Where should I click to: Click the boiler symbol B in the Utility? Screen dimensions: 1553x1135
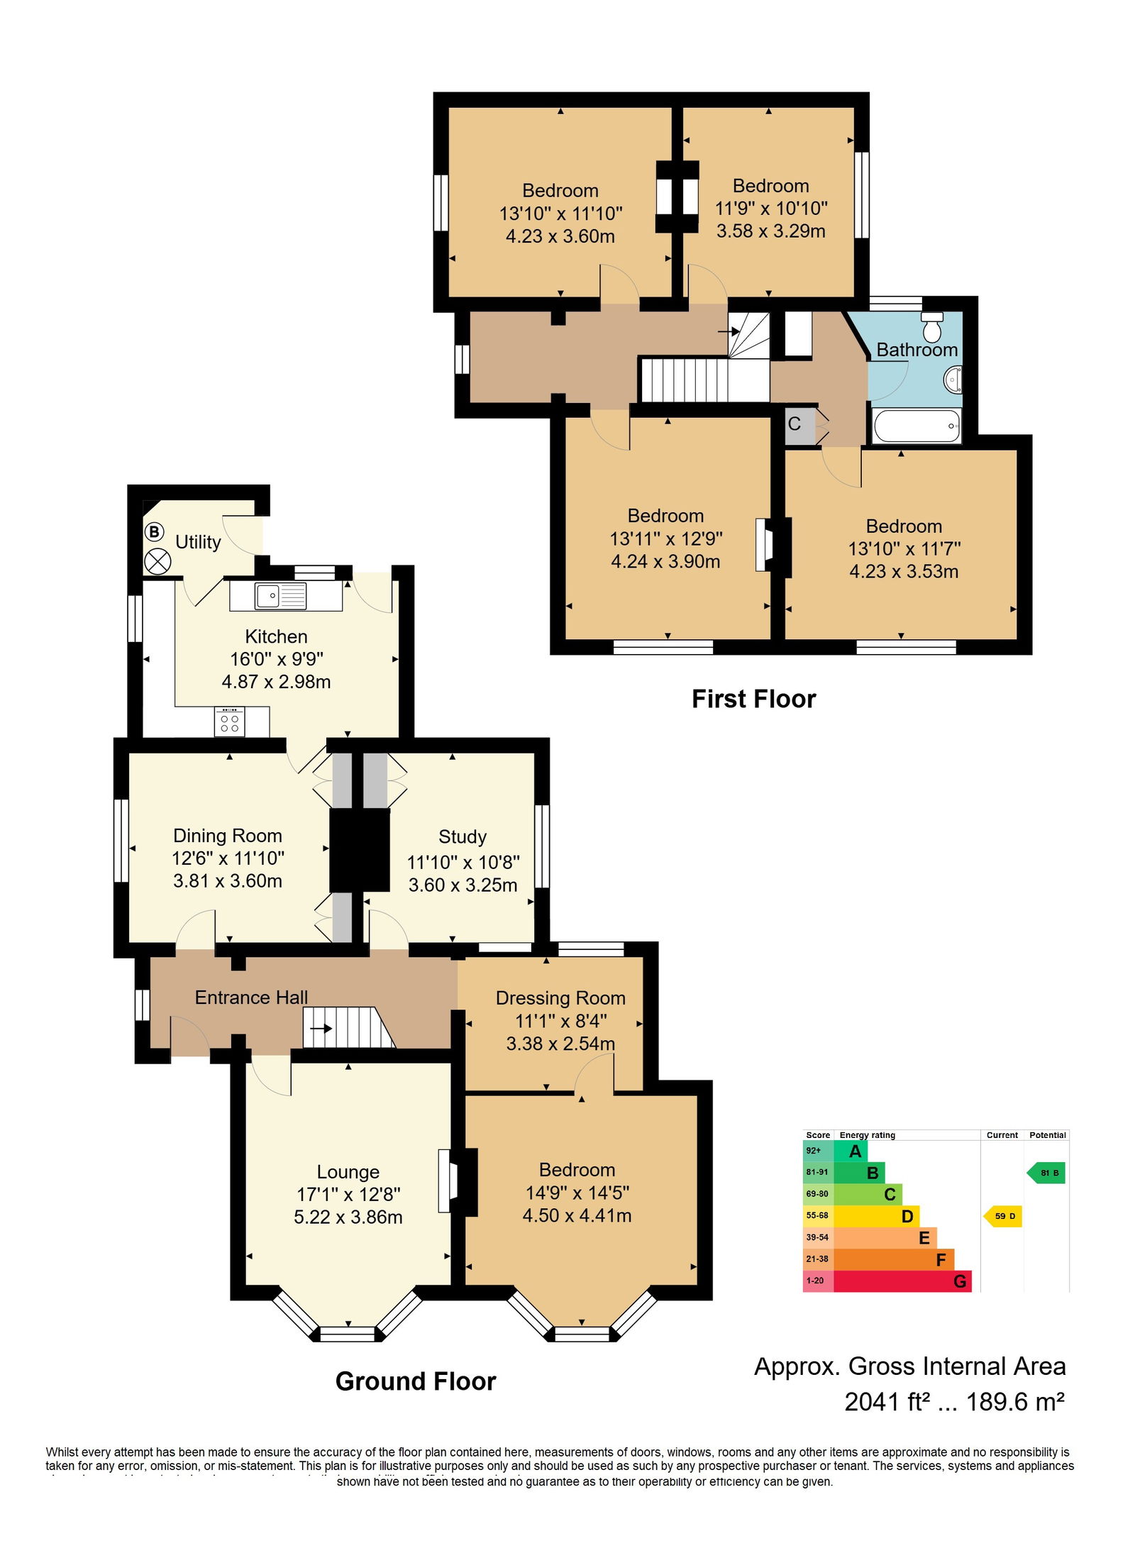[x=154, y=531]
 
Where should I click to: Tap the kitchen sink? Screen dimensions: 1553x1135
[x=281, y=596]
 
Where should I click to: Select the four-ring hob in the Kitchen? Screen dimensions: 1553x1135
[x=229, y=722]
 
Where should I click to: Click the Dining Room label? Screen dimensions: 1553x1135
[x=228, y=836]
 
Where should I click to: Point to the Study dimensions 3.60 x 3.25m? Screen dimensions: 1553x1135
[x=463, y=885]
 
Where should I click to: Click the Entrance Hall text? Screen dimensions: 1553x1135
[x=251, y=997]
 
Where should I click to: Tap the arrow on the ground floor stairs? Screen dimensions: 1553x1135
[x=321, y=1028]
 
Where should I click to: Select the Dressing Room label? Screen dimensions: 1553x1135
[x=560, y=998]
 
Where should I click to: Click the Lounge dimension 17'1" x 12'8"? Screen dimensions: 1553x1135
[x=348, y=1194]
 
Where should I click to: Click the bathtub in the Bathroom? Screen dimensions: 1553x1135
[x=916, y=426]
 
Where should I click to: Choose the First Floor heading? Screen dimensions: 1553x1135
[x=753, y=699]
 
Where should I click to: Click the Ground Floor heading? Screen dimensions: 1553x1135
[x=415, y=1381]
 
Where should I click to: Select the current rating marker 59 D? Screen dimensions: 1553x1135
[x=1003, y=1216]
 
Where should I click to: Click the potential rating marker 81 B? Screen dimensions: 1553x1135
[x=1047, y=1173]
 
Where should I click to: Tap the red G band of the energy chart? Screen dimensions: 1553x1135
[x=901, y=1281]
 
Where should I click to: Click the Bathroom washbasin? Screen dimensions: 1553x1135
[x=953, y=379]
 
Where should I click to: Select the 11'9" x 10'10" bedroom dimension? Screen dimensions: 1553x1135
[x=770, y=208]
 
